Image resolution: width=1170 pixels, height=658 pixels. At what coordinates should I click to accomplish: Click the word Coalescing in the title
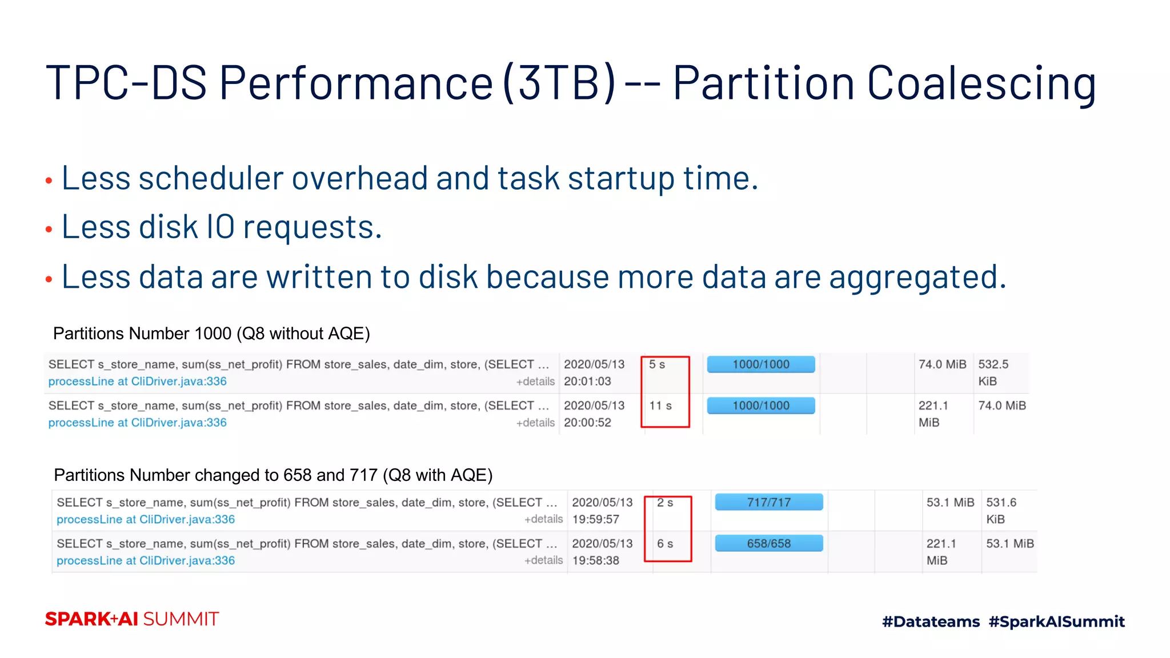pyautogui.click(x=981, y=83)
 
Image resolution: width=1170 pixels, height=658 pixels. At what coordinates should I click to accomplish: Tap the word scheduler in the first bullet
pyautogui.click(x=211, y=178)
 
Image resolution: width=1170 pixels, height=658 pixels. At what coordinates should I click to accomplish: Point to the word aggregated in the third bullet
pyautogui.click(x=916, y=278)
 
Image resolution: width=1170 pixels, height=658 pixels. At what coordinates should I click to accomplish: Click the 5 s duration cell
pyautogui.click(x=657, y=364)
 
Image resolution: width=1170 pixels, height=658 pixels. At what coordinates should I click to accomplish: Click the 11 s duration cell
pyautogui.click(x=660, y=406)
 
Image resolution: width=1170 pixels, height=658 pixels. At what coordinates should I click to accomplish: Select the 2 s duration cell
pyautogui.click(x=664, y=503)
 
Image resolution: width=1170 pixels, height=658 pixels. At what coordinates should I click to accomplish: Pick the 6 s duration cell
pyautogui.click(x=664, y=544)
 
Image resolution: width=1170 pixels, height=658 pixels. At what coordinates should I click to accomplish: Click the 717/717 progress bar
pyautogui.click(x=768, y=503)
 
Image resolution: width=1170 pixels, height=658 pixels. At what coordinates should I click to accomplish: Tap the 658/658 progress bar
pyautogui.click(x=768, y=544)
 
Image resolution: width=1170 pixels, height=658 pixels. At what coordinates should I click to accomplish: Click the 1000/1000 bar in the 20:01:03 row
pyautogui.click(x=760, y=364)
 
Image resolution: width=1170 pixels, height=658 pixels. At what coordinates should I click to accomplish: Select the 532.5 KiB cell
pyautogui.click(x=993, y=372)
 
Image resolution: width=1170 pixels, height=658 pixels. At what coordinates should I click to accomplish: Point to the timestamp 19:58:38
pyautogui.click(x=595, y=561)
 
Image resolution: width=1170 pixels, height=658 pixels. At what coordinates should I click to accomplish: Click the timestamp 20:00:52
pyautogui.click(x=587, y=423)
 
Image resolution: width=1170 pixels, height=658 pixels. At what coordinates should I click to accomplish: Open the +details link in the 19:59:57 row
pyautogui.click(x=543, y=519)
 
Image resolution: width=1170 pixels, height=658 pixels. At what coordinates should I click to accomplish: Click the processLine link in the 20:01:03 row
pyautogui.click(x=137, y=382)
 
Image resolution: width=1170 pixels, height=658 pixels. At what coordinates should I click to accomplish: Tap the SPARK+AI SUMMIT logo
pyautogui.click(x=132, y=619)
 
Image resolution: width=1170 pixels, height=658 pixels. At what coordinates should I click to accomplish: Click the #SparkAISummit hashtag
pyautogui.click(x=1056, y=621)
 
